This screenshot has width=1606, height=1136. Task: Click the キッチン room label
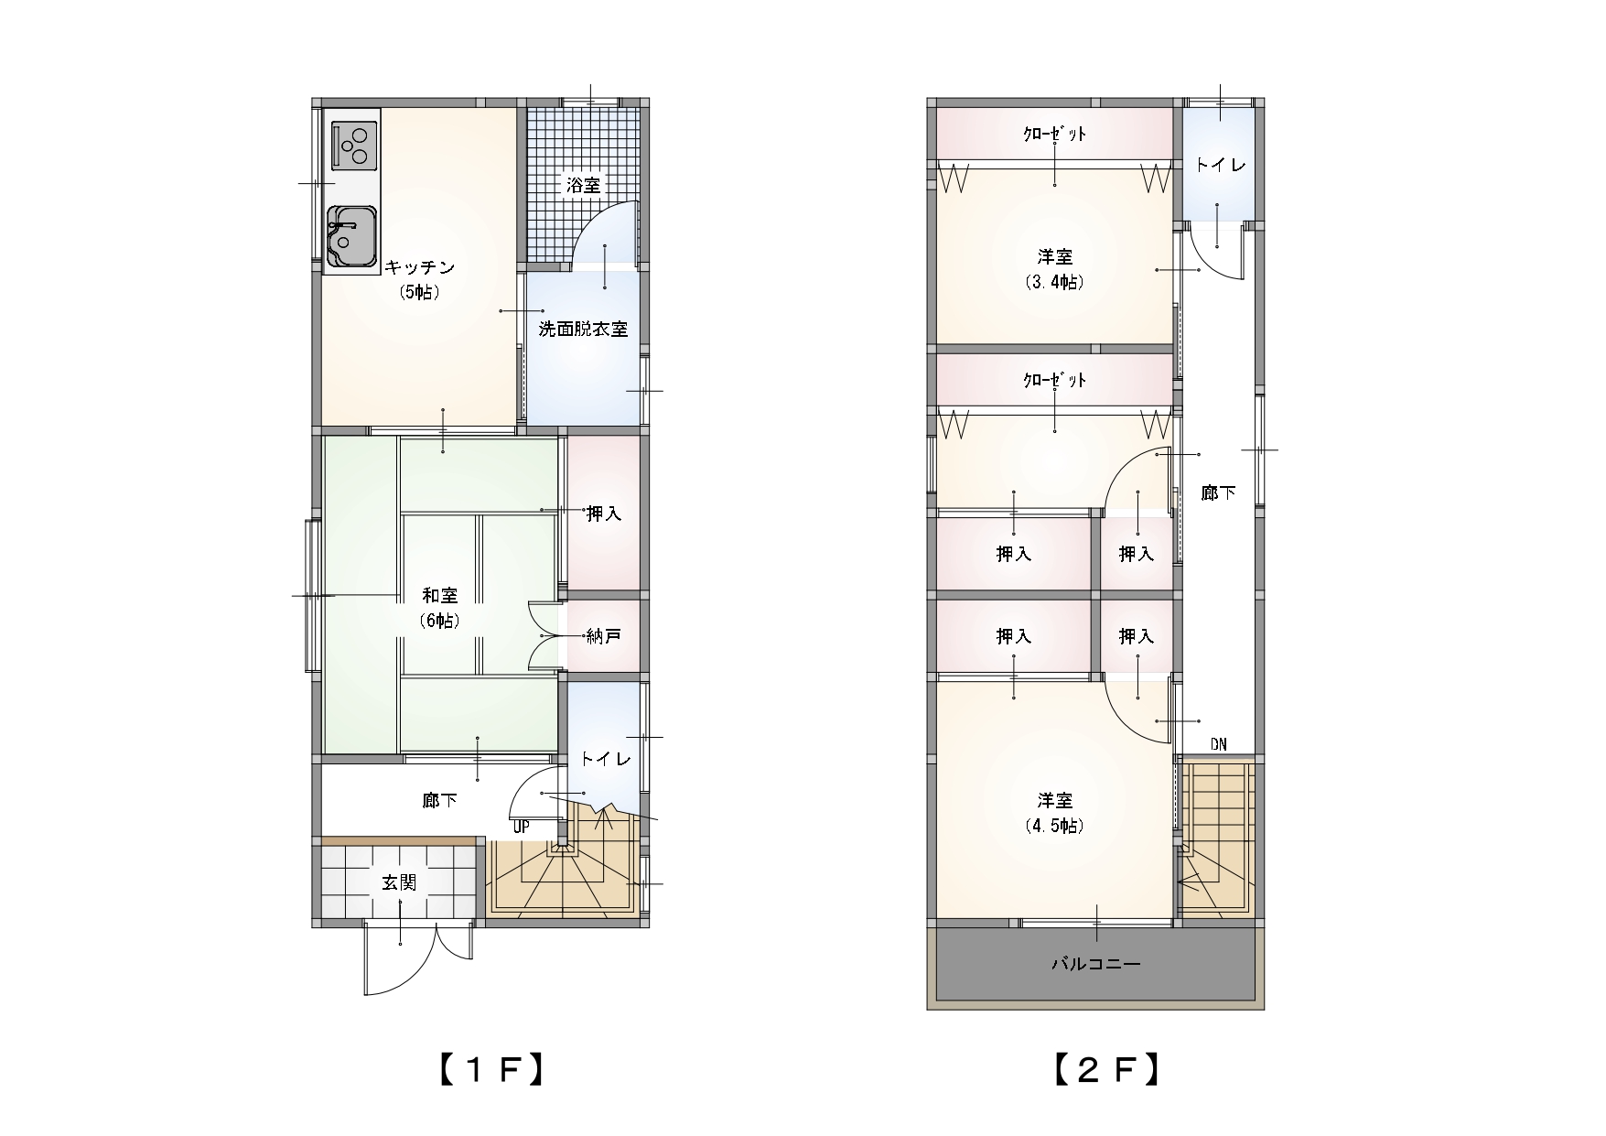pyautogui.click(x=419, y=267)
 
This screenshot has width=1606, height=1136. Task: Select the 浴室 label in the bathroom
pyautogui.click(x=583, y=185)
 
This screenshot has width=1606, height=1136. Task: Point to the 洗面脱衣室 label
pyautogui.click(x=583, y=329)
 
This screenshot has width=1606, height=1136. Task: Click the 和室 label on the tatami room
pyautogui.click(x=439, y=595)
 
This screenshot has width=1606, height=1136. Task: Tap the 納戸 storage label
pyautogui.click(x=603, y=635)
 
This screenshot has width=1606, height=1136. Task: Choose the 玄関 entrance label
pyautogui.click(x=399, y=882)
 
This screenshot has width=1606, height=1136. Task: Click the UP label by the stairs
pyautogui.click(x=522, y=827)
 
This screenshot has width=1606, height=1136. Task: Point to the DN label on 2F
pyautogui.click(x=1218, y=744)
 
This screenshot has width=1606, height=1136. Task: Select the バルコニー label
pyautogui.click(x=1095, y=964)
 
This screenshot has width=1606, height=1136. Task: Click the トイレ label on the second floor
pyautogui.click(x=1220, y=166)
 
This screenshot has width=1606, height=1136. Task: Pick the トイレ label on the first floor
pyautogui.click(x=605, y=759)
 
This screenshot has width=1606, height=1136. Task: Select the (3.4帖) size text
pyautogui.click(x=1055, y=282)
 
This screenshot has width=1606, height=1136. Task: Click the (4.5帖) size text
pyautogui.click(x=1055, y=825)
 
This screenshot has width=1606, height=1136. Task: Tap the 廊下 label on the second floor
pyautogui.click(x=1218, y=492)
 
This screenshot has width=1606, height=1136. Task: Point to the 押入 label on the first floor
pyautogui.click(x=603, y=514)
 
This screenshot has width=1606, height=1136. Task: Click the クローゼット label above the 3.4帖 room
pyautogui.click(x=1054, y=134)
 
